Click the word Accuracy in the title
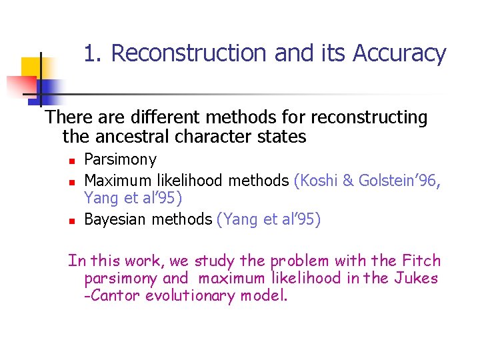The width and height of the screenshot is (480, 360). (x=400, y=53)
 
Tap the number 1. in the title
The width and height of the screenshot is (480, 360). (x=94, y=53)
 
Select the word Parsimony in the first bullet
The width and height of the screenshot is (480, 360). (x=121, y=159)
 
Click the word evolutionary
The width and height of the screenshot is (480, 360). (x=178, y=295)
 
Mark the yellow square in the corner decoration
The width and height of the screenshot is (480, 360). (x=30, y=67)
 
